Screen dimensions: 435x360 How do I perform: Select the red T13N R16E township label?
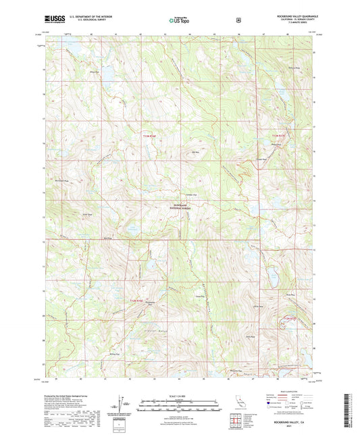(149, 137)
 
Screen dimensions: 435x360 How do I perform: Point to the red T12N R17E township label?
(289, 318)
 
